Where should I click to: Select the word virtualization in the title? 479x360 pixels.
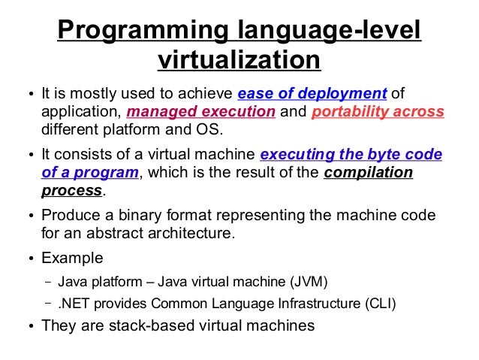pos(239,59)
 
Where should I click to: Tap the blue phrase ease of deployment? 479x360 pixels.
pos(312,94)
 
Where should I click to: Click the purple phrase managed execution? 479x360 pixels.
pos(201,113)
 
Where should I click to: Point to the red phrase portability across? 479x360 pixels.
pos(377,113)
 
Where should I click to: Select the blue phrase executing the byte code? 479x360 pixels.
pos(351,156)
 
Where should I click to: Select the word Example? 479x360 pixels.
pos(72,259)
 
